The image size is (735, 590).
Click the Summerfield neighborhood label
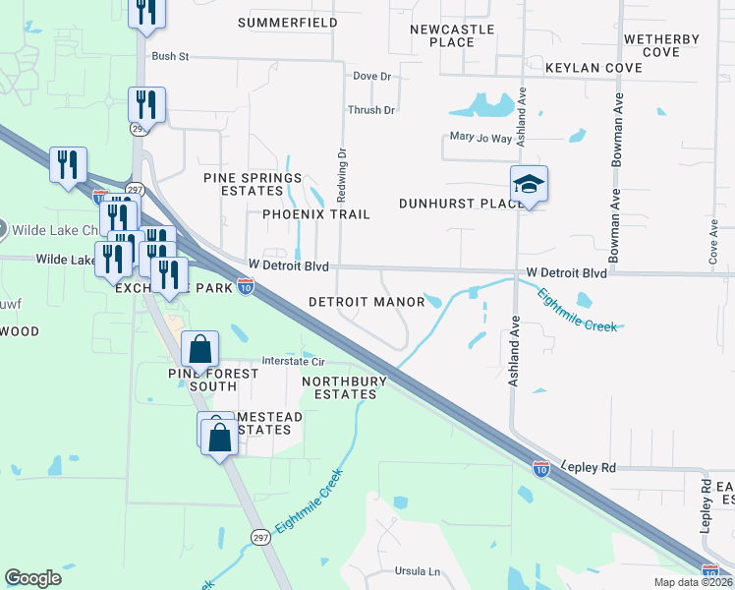click(x=288, y=22)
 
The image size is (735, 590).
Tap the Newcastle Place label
click(x=454, y=36)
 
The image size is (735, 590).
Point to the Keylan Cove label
click(x=594, y=68)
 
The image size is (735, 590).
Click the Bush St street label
click(x=170, y=57)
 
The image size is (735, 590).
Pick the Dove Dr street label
click(x=371, y=76)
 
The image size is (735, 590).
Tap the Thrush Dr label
click(x=370, y=110)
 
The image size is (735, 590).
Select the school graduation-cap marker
click(x=529, y=184)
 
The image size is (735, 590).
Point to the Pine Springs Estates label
click(x=253, y=184)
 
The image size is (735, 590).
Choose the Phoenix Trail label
click(x=315, y=214)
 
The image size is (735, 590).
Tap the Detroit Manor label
click(x=366, y=302)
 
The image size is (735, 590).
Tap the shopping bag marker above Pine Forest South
click(x=199, y=350)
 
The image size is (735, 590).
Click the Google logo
click(x=32, y=578)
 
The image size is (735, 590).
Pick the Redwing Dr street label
click(x=343, y=167)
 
